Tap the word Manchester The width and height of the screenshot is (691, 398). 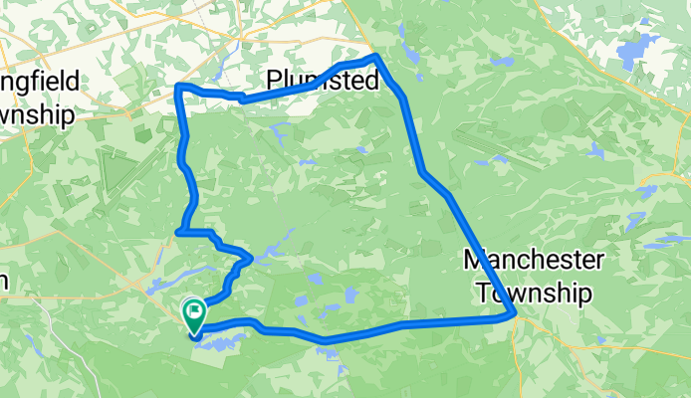534,261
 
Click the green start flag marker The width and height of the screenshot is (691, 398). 193,316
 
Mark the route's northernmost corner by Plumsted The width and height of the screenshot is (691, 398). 375,57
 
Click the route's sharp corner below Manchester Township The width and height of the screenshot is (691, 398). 515,315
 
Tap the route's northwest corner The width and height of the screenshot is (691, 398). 178,88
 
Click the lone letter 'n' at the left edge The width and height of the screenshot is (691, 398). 4,282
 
